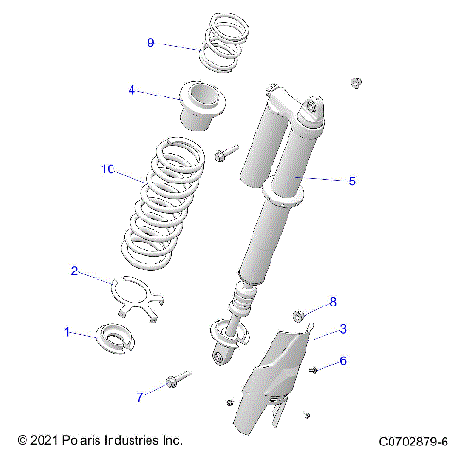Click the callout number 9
(x=150, y=43)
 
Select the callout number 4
(x=132, y=91)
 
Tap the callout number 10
(x=107, y=169)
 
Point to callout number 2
(x=74, y=271)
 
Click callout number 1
(x=67, y=332)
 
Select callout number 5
(x=352, y=181)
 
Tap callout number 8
(x=332, y=302)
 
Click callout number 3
(x=343, y=329)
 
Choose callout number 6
(x=343, y=361)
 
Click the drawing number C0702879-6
(x=413, y=441)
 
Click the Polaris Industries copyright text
(x=99, y=441)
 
